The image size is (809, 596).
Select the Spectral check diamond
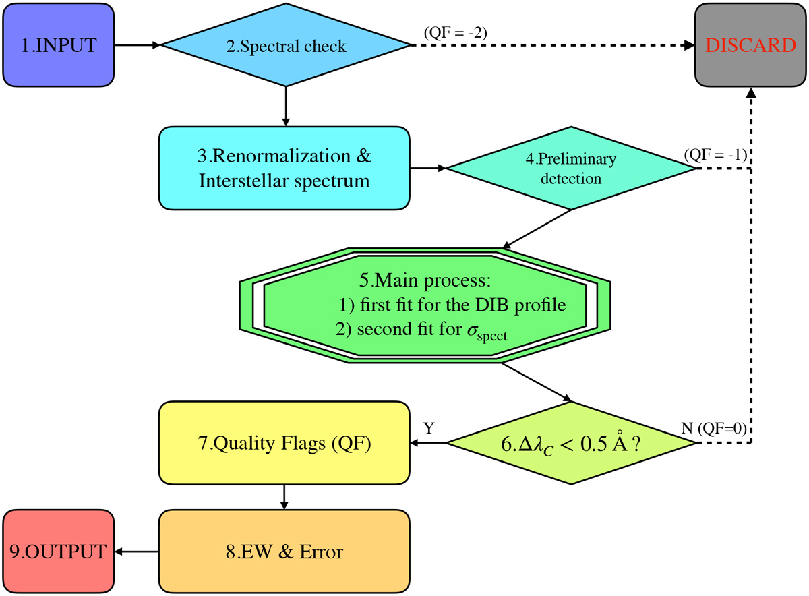pos(287,46)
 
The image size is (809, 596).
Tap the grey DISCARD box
pos(750,45)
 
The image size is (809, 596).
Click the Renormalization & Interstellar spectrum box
pos(284,169)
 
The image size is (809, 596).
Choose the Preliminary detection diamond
pos(571,169)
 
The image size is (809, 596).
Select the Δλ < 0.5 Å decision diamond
pos(571,442)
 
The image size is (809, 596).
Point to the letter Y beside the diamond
pos(429,427)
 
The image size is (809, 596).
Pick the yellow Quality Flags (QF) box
pos(284,443)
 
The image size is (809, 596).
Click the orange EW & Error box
pos(284,552)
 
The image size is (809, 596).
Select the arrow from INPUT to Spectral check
pos(138,45)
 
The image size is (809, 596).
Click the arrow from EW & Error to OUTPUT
pos(136,552)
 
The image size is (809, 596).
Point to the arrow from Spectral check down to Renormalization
pos(287,107)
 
